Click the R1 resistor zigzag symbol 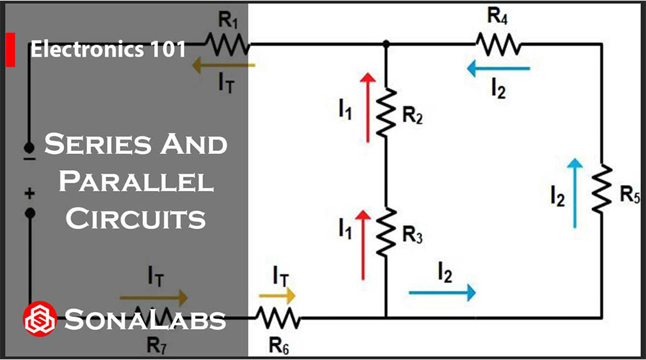coord(227,44)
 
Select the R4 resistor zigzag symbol coord(498,44)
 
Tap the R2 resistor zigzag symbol coord(386,112)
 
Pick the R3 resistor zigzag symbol coord(386,229)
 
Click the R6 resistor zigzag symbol coord(278,318)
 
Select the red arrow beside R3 coord(363,245)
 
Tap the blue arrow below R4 coord(498,69)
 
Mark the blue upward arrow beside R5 coord(576,192)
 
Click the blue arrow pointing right coord(442,291)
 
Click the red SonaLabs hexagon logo coord(39,319)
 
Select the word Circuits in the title coord(136,218)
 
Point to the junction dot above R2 coord(386,44)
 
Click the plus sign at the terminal coord(29,194)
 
